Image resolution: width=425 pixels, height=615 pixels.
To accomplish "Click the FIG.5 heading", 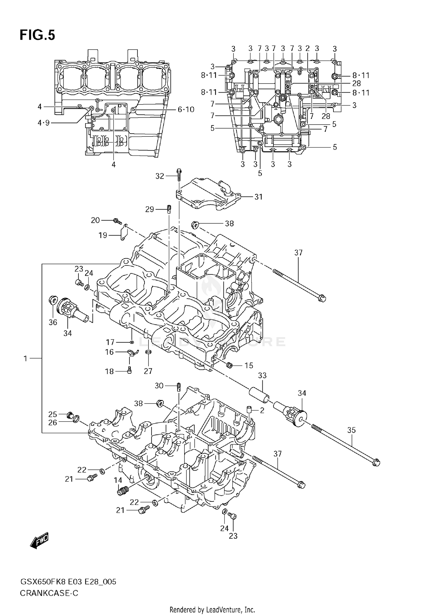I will (x=37, y=35).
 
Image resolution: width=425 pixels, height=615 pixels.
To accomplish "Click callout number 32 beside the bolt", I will (x=160, y=176).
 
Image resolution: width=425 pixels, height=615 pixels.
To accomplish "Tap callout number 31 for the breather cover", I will (x=258, y=197).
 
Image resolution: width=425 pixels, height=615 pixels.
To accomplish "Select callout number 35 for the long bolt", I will (x=351, y=430).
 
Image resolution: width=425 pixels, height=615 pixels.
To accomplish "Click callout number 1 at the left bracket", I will (x=25, y=359).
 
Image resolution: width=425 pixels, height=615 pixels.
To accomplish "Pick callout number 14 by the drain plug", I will (x=118, y=480).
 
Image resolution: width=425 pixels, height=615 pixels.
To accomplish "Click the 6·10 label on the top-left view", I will (x=186, y=109).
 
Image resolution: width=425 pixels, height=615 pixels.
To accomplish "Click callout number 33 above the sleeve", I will (x=262, y=375).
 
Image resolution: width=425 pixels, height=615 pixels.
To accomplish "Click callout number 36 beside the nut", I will (x=53, y=322).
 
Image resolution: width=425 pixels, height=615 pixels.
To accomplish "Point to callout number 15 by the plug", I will (x=249, y=366).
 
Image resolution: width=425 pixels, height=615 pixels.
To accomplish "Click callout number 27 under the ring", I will (x=148, y=371).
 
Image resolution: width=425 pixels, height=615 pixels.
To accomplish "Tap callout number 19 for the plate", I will (x=103, y=235).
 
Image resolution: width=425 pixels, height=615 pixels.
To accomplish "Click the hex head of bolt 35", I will (x=375, y=463).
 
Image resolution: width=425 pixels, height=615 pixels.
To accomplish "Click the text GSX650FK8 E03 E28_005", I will (x=68, y=582).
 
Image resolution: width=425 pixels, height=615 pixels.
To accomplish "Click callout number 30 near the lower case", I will (x=159, y=386).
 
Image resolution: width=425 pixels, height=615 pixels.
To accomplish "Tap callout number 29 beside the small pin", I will (x=150, y=209).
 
